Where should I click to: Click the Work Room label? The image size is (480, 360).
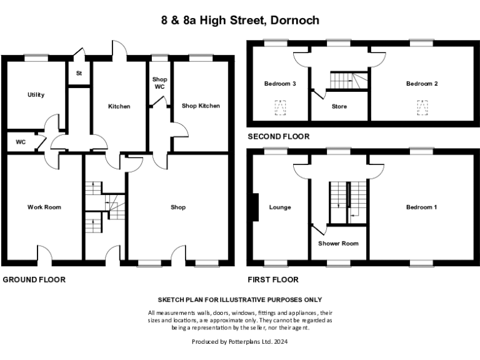[x=44, y=207]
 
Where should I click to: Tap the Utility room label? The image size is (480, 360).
[x=36, y=95]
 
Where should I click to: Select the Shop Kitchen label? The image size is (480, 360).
[x=201, y=106]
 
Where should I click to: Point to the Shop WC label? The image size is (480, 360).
[x=161, y=82]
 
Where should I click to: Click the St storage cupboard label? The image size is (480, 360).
[x=79, y=73]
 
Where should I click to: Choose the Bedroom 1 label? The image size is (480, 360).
[x=421, y=207]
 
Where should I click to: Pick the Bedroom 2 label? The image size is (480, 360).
[x=421, y=84]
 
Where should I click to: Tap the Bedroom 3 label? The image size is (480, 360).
[x=279, y=84]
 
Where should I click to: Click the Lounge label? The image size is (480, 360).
[x=279, y=207]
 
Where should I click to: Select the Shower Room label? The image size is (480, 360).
[x=338, y=243]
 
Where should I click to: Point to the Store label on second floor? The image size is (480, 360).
[x=338, y=106]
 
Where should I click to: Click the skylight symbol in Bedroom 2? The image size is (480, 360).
[x=423, y=107]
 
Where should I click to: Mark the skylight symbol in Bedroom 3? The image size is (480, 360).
[x=281, y=109]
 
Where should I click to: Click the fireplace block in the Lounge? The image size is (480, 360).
[x=255, y=207]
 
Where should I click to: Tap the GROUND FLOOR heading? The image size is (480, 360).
[x=34, y=279]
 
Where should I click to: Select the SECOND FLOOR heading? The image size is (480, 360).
[x=278, y=136]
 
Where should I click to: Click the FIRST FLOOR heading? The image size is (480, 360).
[x=273, y=279]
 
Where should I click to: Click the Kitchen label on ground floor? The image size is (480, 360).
[x=119, y=106]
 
